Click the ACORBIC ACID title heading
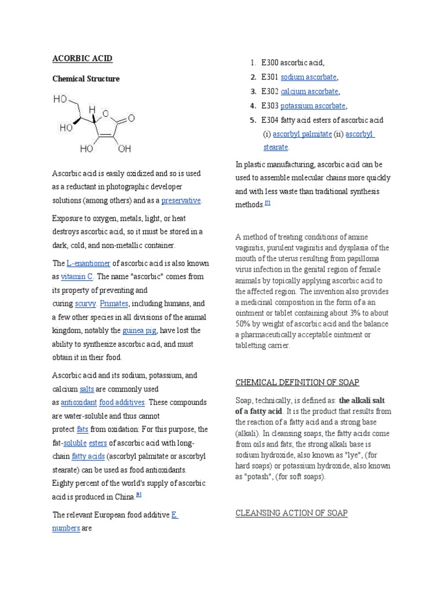click(x=82, y=59)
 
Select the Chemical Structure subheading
click(x=86, y=79)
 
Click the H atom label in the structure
click(x=92, y=109)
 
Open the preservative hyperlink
click(x=181, y=200)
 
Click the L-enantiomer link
click(x=89, y=263)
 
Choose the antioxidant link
click(x=78, y=402)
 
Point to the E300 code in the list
click(x=270, y=63)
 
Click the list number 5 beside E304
click(x=253, y=120)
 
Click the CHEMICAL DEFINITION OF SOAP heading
click(x=297, y=382)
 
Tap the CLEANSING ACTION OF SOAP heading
click(x=291, y=513)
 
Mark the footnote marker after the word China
click(x=139, y=495)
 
